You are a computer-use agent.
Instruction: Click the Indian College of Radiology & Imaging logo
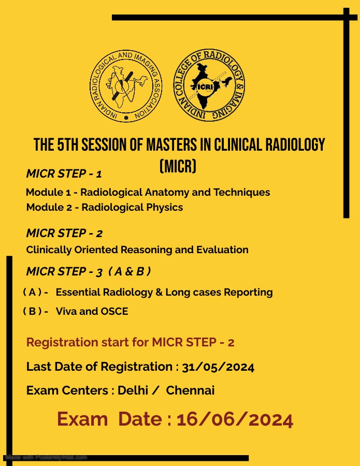(x=210, y=85)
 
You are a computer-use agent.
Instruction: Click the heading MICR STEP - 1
(x=64, y=173)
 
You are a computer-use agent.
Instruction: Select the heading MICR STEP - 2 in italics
(x=64, y=233)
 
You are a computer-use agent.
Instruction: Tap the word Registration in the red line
(x=62, y=342)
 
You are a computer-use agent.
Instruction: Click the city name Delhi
(x=133, y=390)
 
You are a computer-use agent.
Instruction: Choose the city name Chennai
(x=190, y=390)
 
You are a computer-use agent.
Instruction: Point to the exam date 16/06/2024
(x=235, y=419)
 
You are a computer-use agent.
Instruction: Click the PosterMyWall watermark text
(x=46, y=457)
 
